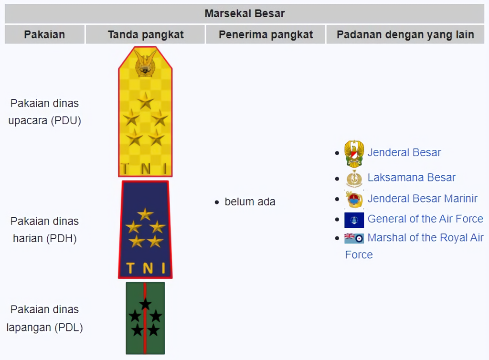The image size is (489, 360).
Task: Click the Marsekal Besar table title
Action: click(244, 13)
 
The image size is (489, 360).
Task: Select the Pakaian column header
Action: click(44, 34)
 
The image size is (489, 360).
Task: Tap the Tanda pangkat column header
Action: click(146, 34)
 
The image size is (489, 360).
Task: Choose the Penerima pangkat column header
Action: click(266, 34)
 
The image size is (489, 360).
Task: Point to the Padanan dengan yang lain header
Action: click(405, 34)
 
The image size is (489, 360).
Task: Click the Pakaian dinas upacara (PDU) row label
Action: click(44, 112)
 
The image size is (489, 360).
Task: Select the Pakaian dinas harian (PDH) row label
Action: click(44, 230)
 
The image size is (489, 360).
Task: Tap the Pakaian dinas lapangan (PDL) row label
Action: click(44, 318)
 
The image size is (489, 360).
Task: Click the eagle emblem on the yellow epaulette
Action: click(145, 64)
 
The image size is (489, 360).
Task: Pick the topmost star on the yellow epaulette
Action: click(145, 101)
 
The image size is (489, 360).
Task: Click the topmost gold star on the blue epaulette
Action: click(145, 214)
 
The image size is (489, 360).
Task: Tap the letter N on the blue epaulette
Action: click(148, 268)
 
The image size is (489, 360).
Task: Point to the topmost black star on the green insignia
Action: click(145, 304)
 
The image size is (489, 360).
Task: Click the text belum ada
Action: click(250, 201)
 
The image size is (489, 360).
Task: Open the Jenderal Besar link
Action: click(404, 152)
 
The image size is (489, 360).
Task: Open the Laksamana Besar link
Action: click(412, 177)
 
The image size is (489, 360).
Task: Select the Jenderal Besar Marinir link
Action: click(423, 199)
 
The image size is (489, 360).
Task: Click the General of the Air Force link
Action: click(425, 219)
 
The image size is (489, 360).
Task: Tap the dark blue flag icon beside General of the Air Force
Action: click(354, 220)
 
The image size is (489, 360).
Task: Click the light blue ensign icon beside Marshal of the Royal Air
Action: click(354, 238)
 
